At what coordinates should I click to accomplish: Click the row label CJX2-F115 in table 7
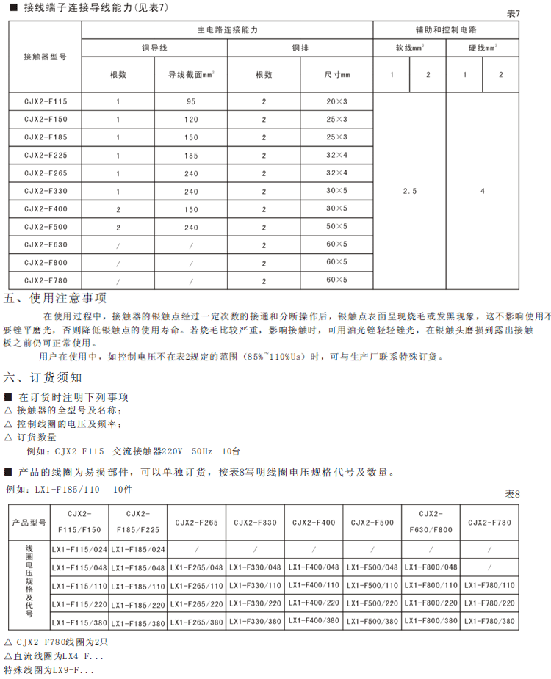coord(45,101)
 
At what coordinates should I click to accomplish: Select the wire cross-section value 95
coord(191,101)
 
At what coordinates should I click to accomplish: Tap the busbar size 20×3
coord(336,101)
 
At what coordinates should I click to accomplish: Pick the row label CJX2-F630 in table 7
coord(45,244)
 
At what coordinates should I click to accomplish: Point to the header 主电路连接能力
coord(227,31)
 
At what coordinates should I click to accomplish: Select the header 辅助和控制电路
coord(446,31)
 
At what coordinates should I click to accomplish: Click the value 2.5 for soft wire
coord(410,191)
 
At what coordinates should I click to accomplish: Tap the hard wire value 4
coord(483,191)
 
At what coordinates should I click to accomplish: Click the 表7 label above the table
coord(513,13)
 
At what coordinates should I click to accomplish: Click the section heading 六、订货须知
coord(43,378)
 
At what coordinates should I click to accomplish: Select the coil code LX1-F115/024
coord(79,550)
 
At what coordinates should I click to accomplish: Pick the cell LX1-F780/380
coord(489,622)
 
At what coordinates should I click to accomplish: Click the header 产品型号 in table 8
coord(29,523)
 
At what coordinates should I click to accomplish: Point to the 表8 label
coord(512,494)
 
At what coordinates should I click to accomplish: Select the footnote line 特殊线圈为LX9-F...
coord(49,669)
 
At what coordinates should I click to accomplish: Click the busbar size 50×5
coord(336,226)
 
